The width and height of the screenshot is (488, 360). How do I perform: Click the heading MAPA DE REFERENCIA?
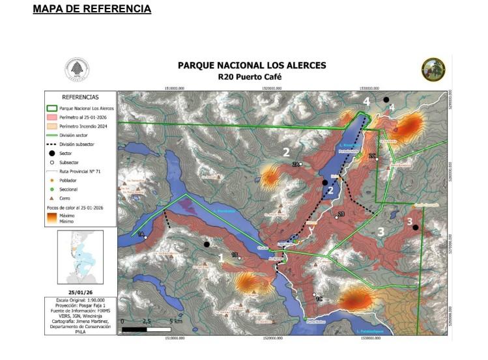[92, 9]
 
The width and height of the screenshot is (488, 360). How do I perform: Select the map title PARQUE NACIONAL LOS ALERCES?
[251, 66]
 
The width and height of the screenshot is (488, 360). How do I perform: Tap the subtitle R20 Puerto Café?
[251, 76]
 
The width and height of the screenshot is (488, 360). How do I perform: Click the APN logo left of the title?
[78, 70]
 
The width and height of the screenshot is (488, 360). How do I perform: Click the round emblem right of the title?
[433, 69]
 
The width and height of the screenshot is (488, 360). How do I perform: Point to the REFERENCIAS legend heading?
[81, 96]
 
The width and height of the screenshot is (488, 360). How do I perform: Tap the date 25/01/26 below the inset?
[81, 292]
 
